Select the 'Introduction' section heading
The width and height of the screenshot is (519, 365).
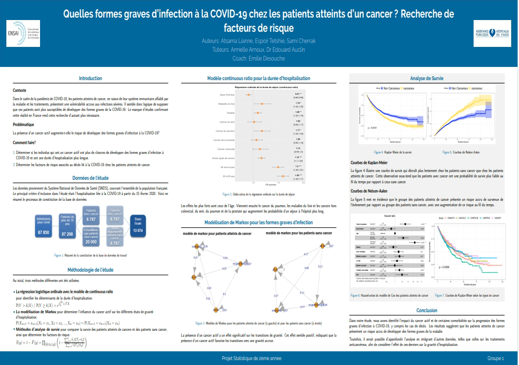pos(91,78)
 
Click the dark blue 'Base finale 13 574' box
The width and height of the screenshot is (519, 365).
pos(138,226)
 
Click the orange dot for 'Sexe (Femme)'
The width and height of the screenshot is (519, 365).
pos(249,94)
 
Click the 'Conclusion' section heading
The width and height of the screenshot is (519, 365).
pos(427,310)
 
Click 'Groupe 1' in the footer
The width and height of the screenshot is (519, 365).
pos(496,359)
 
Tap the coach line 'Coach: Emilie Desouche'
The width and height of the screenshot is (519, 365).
pos(259,59)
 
